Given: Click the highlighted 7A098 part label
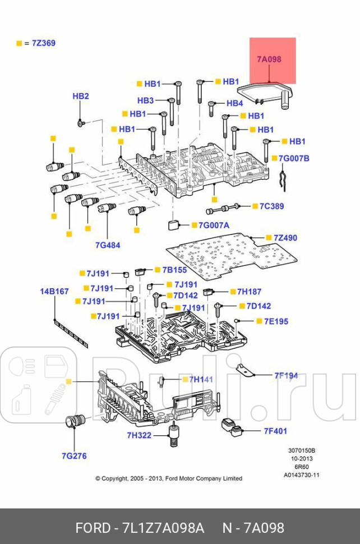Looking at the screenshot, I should (x=269, y=59).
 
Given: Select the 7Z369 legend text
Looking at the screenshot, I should (x=43, y=43).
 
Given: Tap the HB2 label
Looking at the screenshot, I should (x=81, y=96).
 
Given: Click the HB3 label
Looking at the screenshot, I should (x=145, y=100).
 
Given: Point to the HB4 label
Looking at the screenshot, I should (x=234, y=103).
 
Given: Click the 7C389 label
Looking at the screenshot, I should (x=271, y=206).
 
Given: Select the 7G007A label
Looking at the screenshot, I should (x=214, y=225).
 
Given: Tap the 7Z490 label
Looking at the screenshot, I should (x=285, y=238).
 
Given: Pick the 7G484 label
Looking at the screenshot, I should (x=108, y=245).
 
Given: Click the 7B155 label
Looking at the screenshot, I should (x=174, y=270).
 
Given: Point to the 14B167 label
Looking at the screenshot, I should (x=54, y=292).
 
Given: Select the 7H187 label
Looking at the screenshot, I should (x=249, y=292).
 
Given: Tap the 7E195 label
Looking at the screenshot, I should (x=272, y=321).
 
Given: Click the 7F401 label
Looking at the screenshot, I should (x=275, y=431).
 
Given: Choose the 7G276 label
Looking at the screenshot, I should (x=75, y=455).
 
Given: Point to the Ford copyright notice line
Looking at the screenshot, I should (x=169, y=478).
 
